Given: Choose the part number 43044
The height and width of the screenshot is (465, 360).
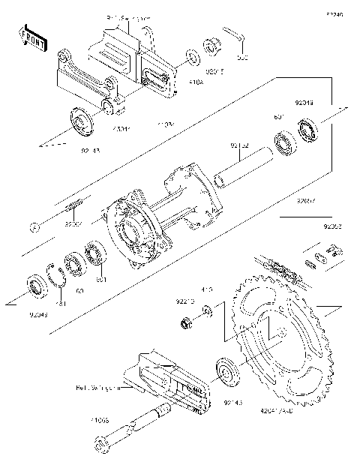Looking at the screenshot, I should coord(121,129).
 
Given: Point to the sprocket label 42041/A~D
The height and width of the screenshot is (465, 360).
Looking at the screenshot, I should coord(277,409).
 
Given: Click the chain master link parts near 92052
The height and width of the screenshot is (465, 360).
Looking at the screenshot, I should coord(322,257).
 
